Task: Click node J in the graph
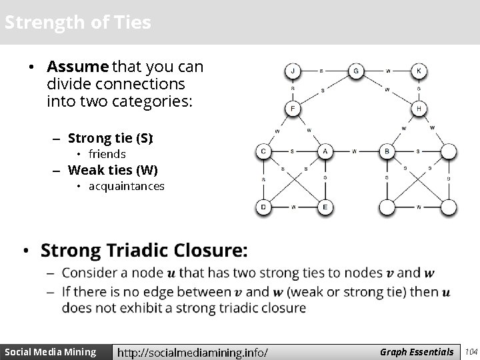click(x=292, y=71)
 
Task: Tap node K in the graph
click(x=419, y=71)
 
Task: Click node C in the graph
click(x=263, y=152)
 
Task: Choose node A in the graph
click(x=324, y=152)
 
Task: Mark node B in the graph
click(x=387, y=152)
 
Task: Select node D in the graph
click(x=263, y=207)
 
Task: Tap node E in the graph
click(x=324, y=207)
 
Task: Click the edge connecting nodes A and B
click(x=355, y=152)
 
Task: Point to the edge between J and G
click(x=323, y=71)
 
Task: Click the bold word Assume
click(x=77, y=67)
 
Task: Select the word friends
click(x=107, y=154)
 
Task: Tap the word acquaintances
click(x=126, y=186)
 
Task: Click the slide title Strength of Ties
click(x=77, y=23)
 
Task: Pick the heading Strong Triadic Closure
click(x=144, y=251)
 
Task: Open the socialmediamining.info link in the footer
click(x=193, y=352)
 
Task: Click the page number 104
click(x=471, y=352)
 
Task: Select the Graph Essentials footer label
click(x=417, y=352)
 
